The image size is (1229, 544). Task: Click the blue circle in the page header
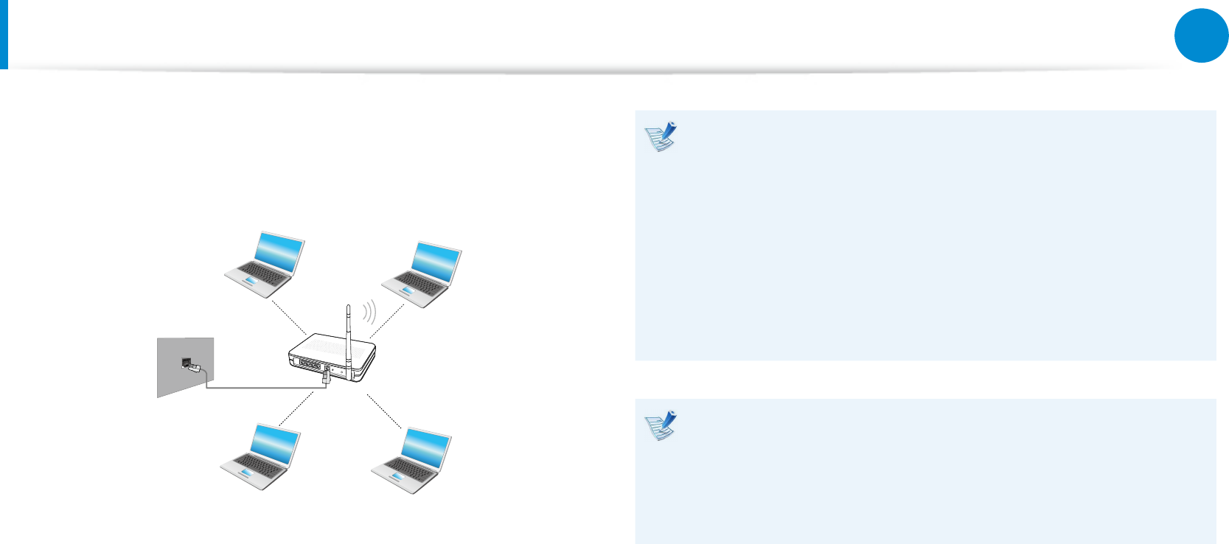click(1201, 35)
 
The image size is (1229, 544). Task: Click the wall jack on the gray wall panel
click(187, 362)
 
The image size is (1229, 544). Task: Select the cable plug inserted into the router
click(325, 377)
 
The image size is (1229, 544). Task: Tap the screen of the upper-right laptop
click(436, 263)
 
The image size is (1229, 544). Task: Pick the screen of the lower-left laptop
click(275, 446)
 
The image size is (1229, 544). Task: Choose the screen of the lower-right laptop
click(426, 450)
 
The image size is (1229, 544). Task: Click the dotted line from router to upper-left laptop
click(289, 316)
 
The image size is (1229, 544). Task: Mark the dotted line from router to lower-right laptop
click(384, 411)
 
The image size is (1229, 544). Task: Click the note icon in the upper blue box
click(661, 137)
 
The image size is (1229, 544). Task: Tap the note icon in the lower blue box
click(661, 426)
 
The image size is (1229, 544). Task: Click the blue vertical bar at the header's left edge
click(4, 34)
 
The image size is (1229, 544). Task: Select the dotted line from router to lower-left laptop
click(297, 409)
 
